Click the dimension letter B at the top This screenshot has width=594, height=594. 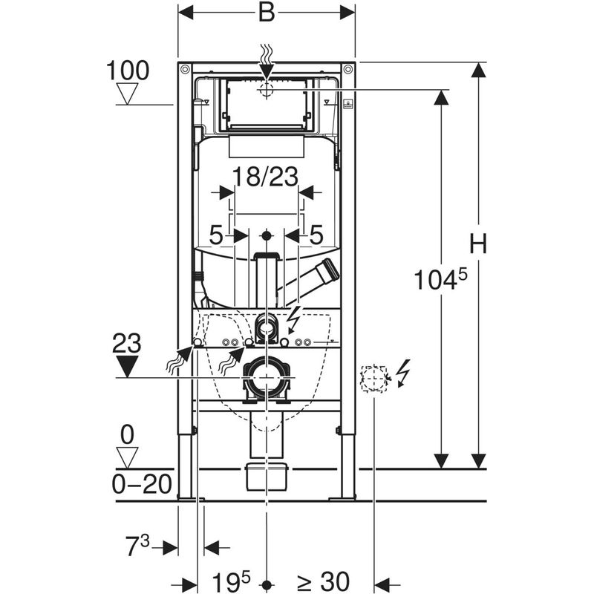click(267, 12)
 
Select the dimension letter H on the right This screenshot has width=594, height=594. click(478, 244)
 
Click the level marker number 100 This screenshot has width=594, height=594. click(128, 71)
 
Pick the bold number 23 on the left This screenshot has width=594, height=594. click(128, 342)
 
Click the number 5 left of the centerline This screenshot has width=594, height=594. click(215, 235)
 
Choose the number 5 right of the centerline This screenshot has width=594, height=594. click(316, 235)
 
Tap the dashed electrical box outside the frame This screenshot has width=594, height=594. click(373, 379)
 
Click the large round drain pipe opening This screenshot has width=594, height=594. click(266, 379)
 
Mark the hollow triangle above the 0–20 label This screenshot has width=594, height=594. click(128, 458)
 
